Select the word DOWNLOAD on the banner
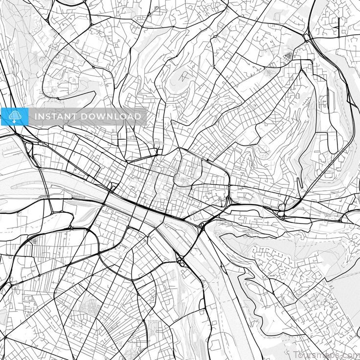point(110,116)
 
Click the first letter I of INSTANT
point(35,116)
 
